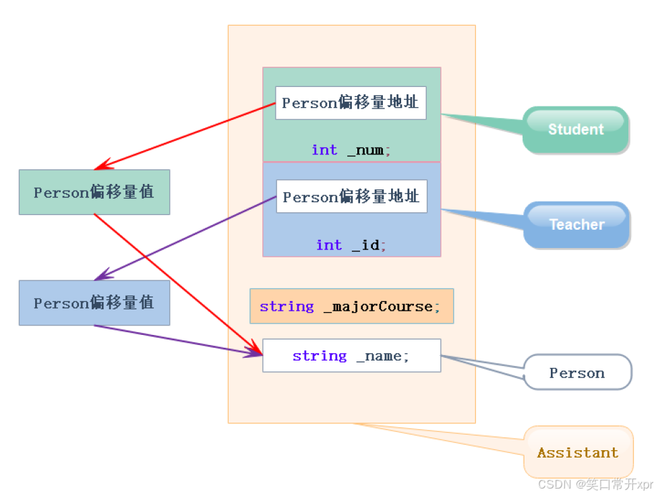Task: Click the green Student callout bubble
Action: pyautogui.click(x=576, y=129)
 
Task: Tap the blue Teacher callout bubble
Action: pyautogui.click(x=576, y=224)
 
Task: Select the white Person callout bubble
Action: pyautogui.click(x=577, y=373)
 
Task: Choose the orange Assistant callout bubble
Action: pyautogui.click(x=578, y=452)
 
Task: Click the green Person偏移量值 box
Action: pyautogui.click(x=94, y=192)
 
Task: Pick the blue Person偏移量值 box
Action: pyautogui.click(x=94, y=303)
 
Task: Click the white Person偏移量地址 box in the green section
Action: pyautogui.click(x=351, y=102)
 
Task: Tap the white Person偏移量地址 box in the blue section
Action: pyautogui.click(x=351, y=197)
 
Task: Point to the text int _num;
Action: pyautogui.click(x=351, y=150)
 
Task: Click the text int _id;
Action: pyautogui.click(x=351, y=245)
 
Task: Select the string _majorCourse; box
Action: pyautogui.click(x=351, y=306)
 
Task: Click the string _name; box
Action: pyautogui.click(x=351, y=355)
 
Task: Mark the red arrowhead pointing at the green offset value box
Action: pyautogui.click(x=100, y=166)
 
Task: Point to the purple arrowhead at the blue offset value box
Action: pyautogui.click(x=100, y=276)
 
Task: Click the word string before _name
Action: pyautogui.click(x=320, y=355)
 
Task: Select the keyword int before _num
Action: pyautogui.click(x=324, y=150)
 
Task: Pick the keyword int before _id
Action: pyautogui.click(x=329, y=245)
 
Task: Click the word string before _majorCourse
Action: pyautogui.click(x=287, y=306)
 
